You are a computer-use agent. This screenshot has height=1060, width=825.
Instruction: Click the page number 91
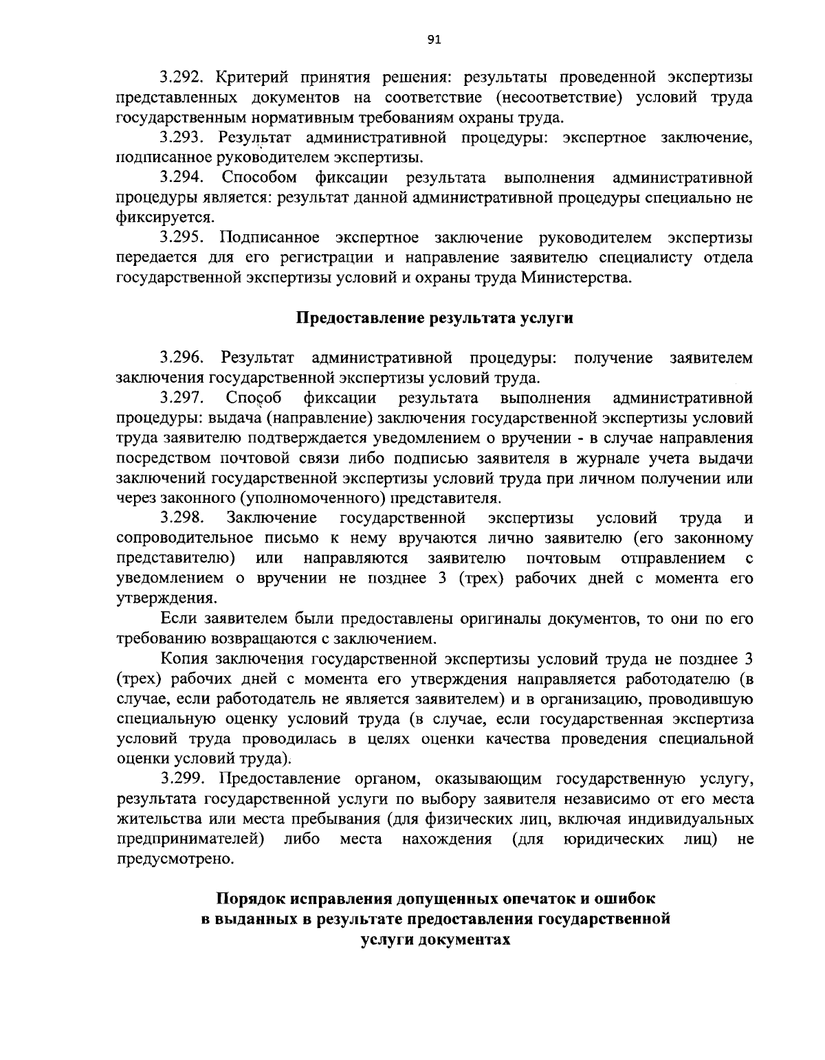(434, 40)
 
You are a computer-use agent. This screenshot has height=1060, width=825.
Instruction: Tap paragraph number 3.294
(182, 178)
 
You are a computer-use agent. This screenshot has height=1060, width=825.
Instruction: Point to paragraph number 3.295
(182, 238)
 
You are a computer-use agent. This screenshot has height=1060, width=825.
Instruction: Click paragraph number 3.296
(182, 358)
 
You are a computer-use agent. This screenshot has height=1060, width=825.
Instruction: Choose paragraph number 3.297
(182, 398)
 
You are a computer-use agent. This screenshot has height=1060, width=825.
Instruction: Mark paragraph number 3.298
(182, 517)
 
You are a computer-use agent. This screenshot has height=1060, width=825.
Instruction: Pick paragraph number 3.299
(182, 779)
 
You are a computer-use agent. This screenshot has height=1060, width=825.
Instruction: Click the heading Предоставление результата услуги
(434, 318)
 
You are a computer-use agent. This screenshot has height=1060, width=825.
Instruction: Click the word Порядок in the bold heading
(250, 899)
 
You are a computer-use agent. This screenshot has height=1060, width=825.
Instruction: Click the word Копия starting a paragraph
(184, 659)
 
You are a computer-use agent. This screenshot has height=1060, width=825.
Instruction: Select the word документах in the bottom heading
(474, 939)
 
